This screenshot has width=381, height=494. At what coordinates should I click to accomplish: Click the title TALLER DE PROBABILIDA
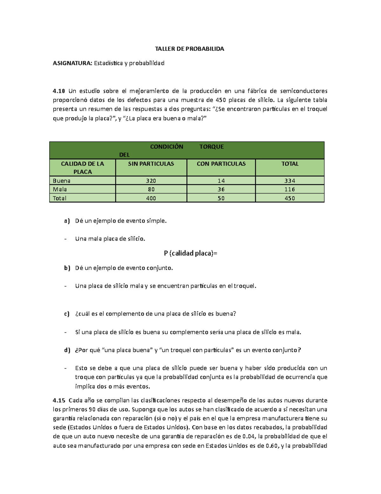[189, 49]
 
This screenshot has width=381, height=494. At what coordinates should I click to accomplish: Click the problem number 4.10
[59, 91]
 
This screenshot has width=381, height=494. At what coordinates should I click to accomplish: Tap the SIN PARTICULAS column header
[151, 164]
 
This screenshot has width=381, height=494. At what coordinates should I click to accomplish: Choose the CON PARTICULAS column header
[221, 164]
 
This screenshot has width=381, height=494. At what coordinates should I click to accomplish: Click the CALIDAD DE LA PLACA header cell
[83, 168]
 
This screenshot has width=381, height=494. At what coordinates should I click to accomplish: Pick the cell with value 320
[151, 181]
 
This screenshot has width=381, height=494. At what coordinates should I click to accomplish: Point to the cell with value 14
[221, 181]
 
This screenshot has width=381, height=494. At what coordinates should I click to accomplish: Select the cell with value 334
[290, 181]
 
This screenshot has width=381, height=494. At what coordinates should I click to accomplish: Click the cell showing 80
[151, 189]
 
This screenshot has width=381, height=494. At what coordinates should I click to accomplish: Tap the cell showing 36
[221, 189]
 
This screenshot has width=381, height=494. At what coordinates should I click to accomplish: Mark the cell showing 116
[290, 189]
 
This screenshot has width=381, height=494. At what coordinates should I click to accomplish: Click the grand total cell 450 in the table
[290, 198]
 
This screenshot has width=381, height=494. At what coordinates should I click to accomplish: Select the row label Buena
[62, 181]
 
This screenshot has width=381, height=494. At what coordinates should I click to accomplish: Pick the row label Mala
[60, 189]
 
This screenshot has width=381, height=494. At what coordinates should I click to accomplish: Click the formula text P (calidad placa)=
[190, 253]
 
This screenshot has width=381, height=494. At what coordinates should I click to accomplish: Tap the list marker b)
[67, 268]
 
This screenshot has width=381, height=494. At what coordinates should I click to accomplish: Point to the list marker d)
[67, 350]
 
